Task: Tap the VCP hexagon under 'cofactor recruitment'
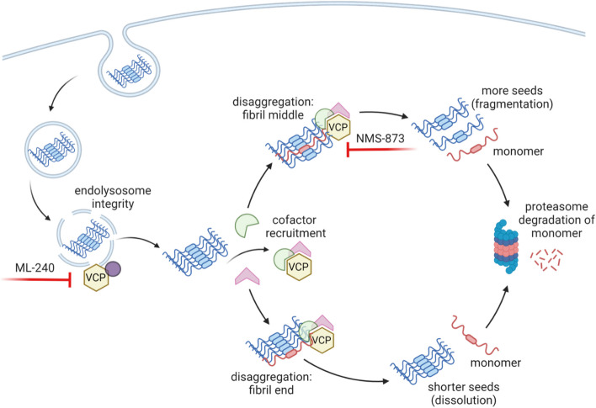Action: [x=295, y=267]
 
